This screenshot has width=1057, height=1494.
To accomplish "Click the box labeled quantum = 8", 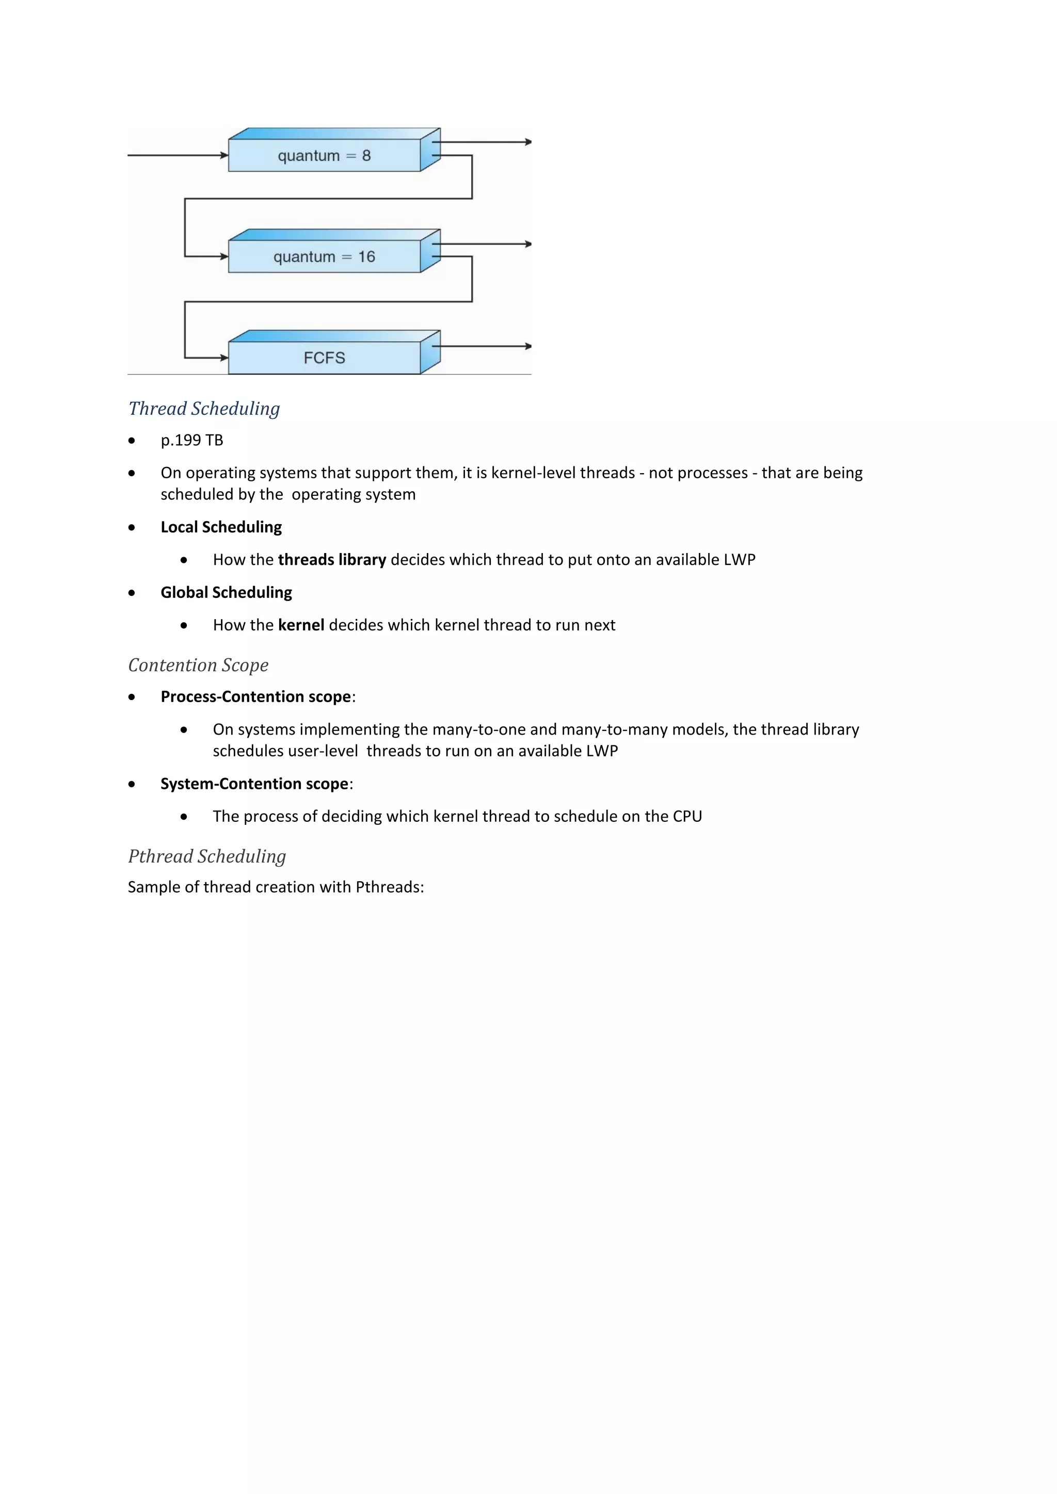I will pos(324,155).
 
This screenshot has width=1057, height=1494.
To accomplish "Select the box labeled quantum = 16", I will pos(324,256).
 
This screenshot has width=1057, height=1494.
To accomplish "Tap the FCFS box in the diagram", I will pos(324,357).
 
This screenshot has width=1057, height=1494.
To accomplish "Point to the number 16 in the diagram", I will pos(366,256).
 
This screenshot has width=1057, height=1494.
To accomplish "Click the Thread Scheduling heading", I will pos(204,409).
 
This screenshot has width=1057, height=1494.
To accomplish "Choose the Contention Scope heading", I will pos(198,665).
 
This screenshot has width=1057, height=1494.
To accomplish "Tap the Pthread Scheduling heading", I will pos(206,856).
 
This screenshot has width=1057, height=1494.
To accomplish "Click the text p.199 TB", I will pos(192,441).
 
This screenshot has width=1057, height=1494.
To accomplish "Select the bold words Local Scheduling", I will pos(221,527).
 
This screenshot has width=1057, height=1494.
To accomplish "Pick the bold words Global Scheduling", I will pos(227,592).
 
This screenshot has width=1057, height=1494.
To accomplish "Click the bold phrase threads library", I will pos(332,560).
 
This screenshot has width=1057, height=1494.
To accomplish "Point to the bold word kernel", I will pos(301,625).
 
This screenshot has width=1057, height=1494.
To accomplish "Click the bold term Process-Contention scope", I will pos(256,697).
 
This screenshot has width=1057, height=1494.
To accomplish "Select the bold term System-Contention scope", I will pos(254,784).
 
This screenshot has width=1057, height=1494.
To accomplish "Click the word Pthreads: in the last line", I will pos(390,887).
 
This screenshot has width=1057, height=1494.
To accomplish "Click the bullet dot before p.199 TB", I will pos(132,441).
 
